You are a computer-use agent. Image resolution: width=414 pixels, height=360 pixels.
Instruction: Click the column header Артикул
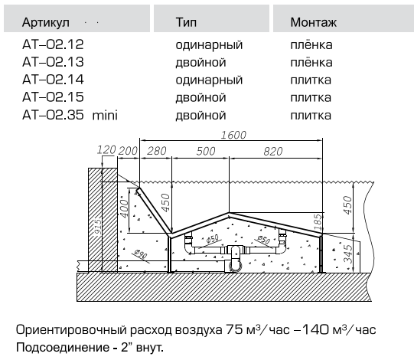click(46, 22)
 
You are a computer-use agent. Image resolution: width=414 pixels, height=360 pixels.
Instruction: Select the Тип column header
click(186, 22)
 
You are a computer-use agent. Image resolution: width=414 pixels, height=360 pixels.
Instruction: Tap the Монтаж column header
click(314, 22)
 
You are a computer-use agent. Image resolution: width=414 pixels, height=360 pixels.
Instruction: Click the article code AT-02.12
click(53, 44)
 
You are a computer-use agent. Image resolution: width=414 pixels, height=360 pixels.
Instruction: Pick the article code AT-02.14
click(53, 80)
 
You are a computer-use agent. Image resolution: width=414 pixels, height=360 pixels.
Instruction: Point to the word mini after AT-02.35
click(105, 115)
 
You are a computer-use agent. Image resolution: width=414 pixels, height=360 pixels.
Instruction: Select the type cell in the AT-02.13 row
click(200, 62)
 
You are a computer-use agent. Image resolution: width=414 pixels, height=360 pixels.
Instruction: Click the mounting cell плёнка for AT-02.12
click(311, 44)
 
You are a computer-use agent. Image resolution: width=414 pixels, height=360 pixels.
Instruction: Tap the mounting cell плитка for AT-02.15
click(311, 97)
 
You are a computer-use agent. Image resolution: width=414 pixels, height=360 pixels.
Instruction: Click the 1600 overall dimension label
click(233, 135)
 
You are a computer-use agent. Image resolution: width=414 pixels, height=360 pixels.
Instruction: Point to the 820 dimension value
click(273, 152)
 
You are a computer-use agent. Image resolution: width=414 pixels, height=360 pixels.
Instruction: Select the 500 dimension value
click(206, 151)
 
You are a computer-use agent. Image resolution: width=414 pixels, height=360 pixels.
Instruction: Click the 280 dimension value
click(157, 151)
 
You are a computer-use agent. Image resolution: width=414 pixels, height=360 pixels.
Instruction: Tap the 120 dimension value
click(106, 150)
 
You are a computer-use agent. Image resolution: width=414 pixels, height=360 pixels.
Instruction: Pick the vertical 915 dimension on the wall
click(98, 227)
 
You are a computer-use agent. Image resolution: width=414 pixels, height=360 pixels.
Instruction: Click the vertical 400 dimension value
click(124, 208)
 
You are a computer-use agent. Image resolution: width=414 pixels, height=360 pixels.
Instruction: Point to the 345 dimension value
click(348, 254)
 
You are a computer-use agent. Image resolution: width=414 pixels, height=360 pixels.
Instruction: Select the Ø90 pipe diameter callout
click(140, 254)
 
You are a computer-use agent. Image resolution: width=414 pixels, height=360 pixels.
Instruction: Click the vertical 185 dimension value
click(318, 222)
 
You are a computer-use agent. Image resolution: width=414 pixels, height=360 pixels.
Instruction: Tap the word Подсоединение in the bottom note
click(63, 347)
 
